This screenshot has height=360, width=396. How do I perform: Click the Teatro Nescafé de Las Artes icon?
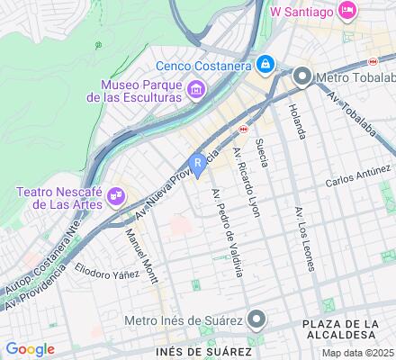pyautogui.click(x=116, y=195)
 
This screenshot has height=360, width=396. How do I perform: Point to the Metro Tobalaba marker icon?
pyautogui.click(x=302, y=77)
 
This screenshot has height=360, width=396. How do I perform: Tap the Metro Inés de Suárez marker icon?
pyautogui.click(x=257, y=319)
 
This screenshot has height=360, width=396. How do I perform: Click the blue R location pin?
pyautogui.click(x=198, y=164)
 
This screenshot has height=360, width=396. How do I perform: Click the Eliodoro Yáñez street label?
pyautogui.click(x=108, y=270)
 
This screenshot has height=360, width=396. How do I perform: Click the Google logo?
pyautogui.click(x=30, y=348)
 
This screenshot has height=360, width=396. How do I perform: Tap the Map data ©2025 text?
pyautogui.click(x=358, y=353)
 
